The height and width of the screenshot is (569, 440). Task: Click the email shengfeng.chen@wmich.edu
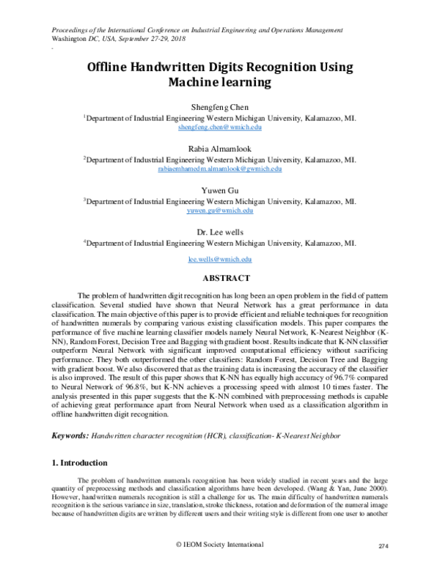[x=220, y=127]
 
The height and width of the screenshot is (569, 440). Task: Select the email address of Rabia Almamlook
[x=220, y=169]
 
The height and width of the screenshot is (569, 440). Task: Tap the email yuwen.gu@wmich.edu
[x=220, y=210]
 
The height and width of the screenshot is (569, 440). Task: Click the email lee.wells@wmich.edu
[x=220, y=260]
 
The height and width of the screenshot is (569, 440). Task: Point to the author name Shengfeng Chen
[x=220, y=106]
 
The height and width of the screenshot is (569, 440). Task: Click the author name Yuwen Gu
[x=220, y=190]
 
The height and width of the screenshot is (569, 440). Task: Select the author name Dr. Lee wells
[x=220, y=232]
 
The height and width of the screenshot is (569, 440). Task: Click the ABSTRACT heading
[x=220, y=278]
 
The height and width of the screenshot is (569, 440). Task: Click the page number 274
[x=381, y=546]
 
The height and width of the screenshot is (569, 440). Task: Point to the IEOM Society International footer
[x=220, y=545]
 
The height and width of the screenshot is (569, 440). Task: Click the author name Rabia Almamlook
[x=220, y=148]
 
